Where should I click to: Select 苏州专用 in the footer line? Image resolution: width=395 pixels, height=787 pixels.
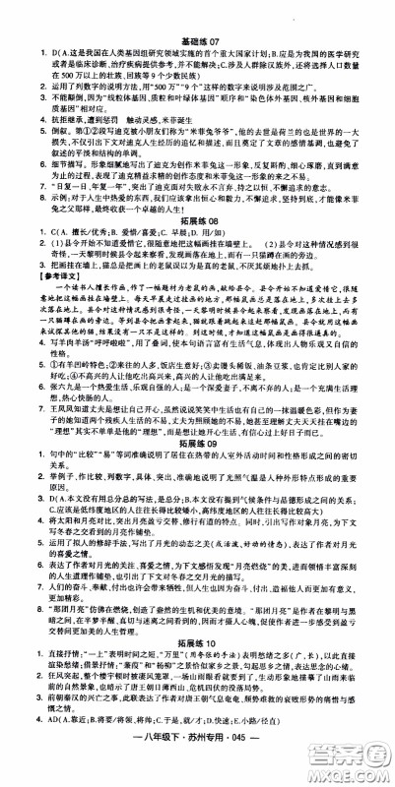tap(201, 767)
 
